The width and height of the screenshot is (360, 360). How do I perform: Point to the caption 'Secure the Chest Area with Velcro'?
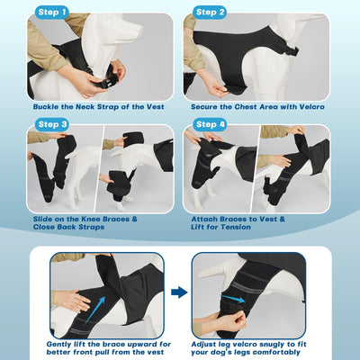[x=262, y=105]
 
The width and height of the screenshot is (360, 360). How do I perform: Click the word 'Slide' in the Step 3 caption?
[x=42, y=218]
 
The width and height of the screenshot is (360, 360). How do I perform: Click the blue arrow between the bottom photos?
[x=179, y=292]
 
